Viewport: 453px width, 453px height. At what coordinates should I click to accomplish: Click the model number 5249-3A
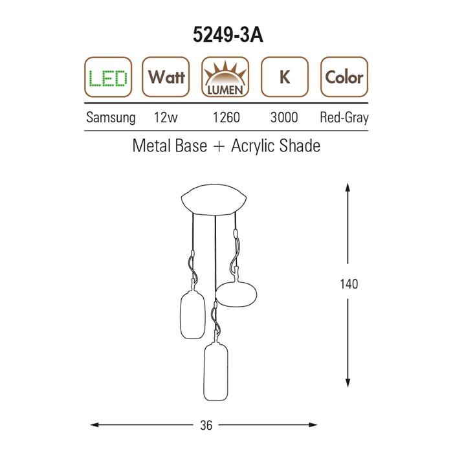(228, 35)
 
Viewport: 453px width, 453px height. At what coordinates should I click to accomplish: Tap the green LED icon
(108, 77)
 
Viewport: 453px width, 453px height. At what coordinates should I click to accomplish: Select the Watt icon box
(166, 77)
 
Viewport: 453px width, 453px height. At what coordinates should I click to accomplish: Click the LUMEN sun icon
(225, 77)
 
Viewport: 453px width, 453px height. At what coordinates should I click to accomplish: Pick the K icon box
(285, 77)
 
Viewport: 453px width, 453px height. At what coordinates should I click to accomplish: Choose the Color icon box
(344, 77)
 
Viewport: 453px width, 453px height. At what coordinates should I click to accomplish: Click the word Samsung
(111, 118)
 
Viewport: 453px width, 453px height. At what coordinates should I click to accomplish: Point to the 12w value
(166, 118)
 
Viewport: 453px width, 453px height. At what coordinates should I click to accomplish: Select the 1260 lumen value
(226, 118)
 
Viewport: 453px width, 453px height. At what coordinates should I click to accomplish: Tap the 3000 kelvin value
(284, 118)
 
